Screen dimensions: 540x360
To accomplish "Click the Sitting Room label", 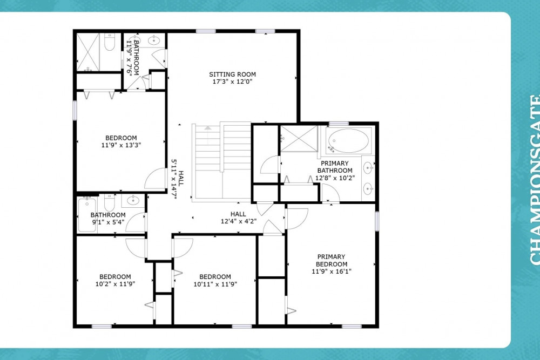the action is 232,74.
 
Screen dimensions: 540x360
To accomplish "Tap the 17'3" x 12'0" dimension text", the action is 232,82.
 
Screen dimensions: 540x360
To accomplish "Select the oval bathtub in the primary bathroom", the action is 348,141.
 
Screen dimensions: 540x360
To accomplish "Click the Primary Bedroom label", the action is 332,261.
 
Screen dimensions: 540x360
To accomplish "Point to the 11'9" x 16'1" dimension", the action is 332,271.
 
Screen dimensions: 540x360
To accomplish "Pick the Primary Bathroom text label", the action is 335,167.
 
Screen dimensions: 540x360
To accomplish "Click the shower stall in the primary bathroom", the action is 299,139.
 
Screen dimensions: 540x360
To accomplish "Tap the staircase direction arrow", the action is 208,128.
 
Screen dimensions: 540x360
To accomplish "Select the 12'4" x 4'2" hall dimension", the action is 239,221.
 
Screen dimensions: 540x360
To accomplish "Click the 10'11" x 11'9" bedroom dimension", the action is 215,284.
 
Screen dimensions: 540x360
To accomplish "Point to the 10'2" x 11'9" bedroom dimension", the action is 115,284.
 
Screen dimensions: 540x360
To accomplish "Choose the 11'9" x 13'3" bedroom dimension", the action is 121,145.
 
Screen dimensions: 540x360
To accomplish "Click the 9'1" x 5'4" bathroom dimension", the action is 108,222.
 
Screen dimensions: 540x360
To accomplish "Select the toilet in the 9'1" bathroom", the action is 109,203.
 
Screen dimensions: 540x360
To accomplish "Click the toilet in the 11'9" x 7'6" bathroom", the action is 110,42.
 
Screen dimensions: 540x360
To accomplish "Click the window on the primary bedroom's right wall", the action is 377,221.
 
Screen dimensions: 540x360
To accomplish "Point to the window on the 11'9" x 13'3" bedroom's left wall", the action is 75,111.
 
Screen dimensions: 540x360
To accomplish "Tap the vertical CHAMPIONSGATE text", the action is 535,180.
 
